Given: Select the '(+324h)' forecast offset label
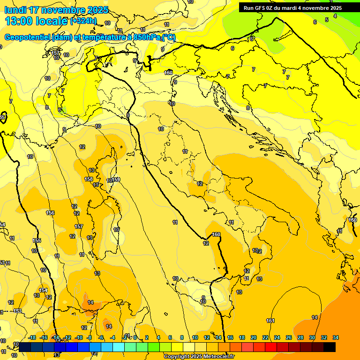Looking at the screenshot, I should pos(83,21).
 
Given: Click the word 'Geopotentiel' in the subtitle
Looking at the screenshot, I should pos(27,37).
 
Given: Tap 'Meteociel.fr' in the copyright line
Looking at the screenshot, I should pos(218,356).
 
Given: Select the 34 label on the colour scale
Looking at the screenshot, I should pos(336,337).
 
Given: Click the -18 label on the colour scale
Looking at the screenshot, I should pos(32,337).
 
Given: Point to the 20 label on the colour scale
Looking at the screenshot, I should pos(254,337).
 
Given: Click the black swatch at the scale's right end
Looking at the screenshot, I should pos(329,347).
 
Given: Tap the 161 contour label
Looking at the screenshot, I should pos(270,321).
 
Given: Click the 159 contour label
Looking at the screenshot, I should pos(116,180).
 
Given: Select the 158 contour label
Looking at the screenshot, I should pos(89,179).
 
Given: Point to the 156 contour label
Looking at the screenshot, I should pos(50,213).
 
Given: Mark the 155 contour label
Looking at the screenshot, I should pos(37,240).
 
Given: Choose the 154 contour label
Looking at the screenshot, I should pos(43,290).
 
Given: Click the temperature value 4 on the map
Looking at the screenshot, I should pos(335,16).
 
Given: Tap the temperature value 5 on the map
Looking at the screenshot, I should pos(327,20).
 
